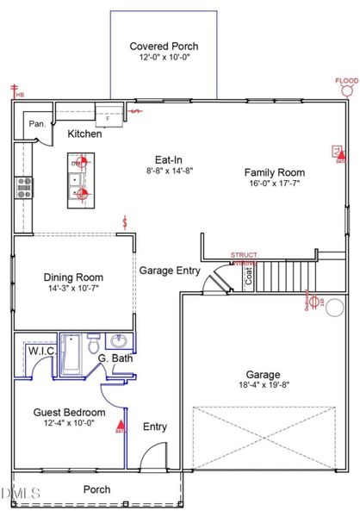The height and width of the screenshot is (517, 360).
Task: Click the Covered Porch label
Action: coord(163,46)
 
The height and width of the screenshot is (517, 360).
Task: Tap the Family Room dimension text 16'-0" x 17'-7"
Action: coord(275,184)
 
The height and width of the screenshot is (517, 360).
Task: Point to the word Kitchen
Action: coord(85,134)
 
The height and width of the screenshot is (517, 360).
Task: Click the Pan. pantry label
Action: coord(37,124)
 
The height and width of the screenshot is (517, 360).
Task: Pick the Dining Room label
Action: coord(73,277)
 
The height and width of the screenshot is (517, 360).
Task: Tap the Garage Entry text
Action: coord(170,270)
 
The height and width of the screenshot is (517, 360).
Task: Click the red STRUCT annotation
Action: coord(244,256)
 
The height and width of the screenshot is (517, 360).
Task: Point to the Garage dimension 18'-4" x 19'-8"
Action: coord(263,387)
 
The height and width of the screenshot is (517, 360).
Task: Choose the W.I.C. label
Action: coord(41,352)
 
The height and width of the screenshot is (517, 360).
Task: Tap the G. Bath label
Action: coord(115,358)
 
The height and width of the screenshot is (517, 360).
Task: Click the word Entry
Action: coord(155,427)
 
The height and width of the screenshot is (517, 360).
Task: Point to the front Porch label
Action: coord(96,489)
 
